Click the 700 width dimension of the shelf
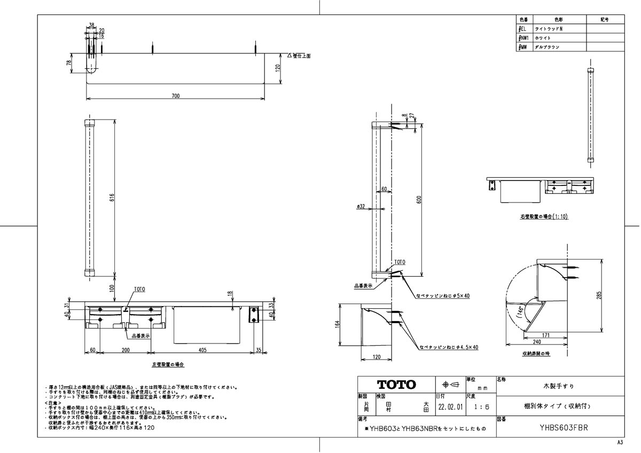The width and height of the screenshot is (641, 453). point(176,96)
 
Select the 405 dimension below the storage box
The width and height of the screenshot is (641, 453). point(202,350)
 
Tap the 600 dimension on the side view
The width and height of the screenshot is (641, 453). point(420,199)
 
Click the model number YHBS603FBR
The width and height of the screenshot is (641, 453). point(559,427)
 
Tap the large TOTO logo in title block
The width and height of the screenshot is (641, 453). point(396,385)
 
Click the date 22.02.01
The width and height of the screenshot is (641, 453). point(450,407)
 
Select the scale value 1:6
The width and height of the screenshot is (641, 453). point(481,407)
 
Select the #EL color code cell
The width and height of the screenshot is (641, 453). point(523,29)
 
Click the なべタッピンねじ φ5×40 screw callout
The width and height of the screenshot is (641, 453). point(443,295)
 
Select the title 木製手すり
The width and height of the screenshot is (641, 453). point(559,385)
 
